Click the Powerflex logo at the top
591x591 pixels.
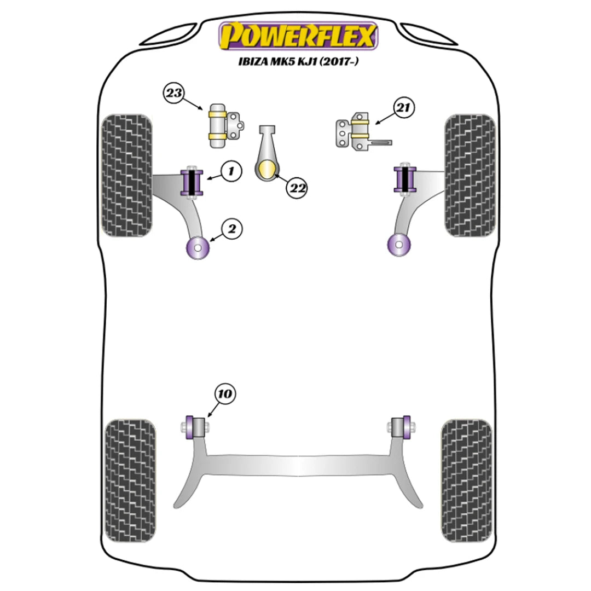coord(298,36)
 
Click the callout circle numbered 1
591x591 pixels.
coord(231,172)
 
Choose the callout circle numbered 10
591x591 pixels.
coord(224,393)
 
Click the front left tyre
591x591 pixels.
coord(126,176)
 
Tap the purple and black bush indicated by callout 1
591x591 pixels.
coord(192,182)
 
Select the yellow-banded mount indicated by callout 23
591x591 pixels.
coord(218,125)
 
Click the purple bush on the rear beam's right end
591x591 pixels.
coord(405,427)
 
